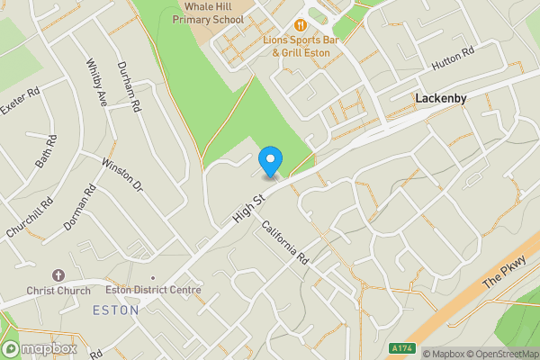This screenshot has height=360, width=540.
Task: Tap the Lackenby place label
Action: point(441,97)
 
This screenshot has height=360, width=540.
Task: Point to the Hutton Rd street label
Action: point(454,58)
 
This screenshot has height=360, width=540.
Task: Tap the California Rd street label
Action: point(285,242)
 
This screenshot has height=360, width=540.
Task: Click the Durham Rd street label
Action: point(130,86)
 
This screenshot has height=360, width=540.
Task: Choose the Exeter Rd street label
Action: point(20,105)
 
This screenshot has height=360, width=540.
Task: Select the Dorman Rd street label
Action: point(79,206)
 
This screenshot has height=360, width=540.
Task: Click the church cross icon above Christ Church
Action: point(58,274)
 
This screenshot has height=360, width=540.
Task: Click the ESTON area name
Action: point(116,310)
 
